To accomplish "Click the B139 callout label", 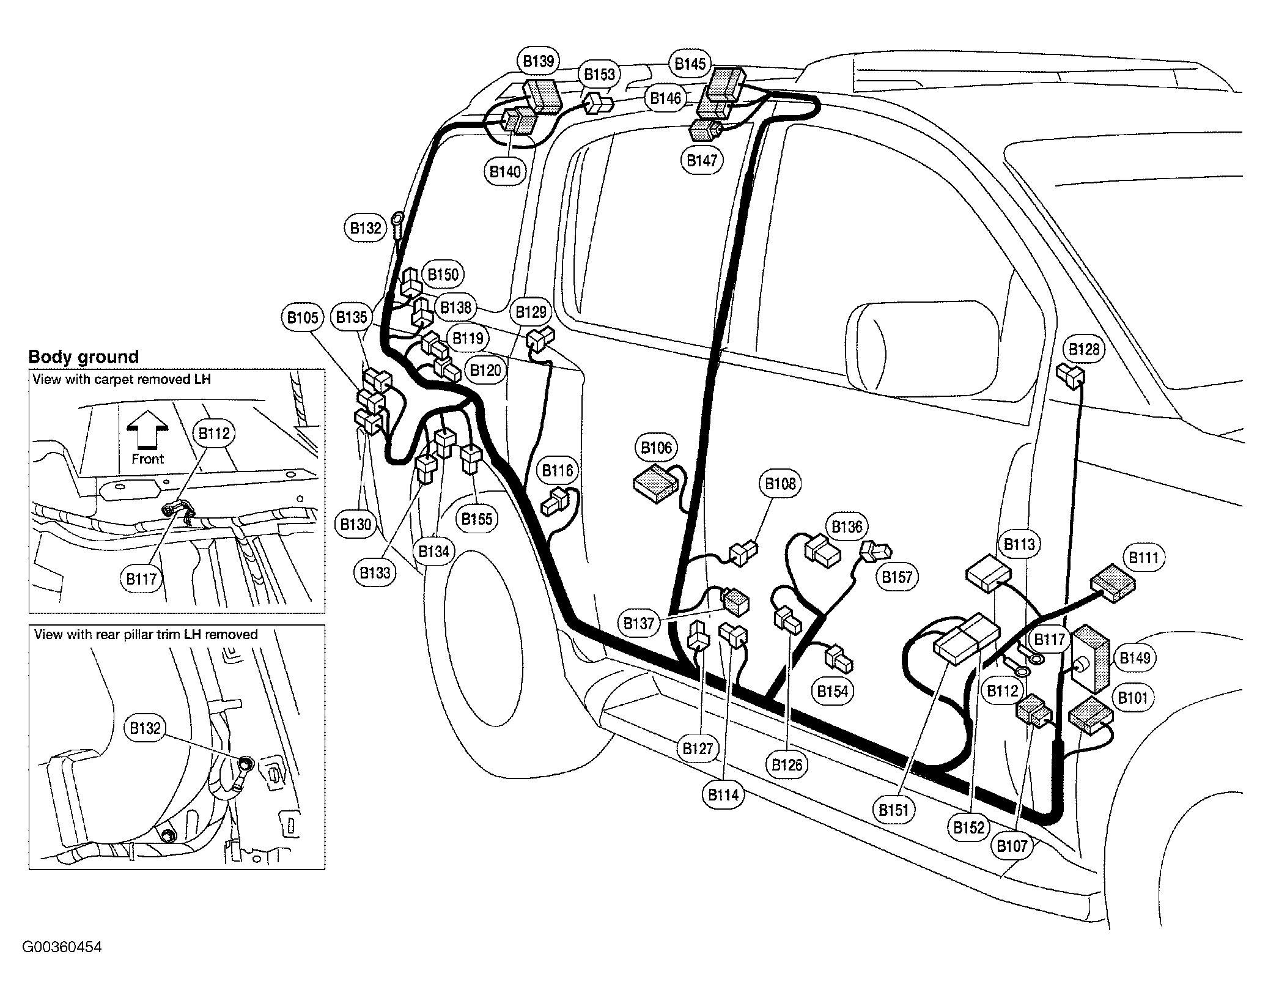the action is [539, 61].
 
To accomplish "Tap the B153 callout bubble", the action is [599, 75].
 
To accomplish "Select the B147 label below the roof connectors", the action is [701, 161].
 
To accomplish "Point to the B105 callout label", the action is [303, 317].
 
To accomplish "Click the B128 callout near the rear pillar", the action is [1084, 350].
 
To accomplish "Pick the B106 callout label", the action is [656, 448].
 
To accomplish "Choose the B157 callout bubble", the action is [897, 577].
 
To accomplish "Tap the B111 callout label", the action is [1143, 558].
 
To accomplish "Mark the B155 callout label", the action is [477, 519].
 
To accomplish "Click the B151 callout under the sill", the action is [894, 810].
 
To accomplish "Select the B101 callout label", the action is [1132, 698].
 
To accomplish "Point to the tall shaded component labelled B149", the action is [1092, 658].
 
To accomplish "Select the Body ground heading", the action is [84, 357].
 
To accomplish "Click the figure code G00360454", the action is [62, 947].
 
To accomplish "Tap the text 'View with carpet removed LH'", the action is [122, 379].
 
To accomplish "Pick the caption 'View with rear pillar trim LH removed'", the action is [146, 634].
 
